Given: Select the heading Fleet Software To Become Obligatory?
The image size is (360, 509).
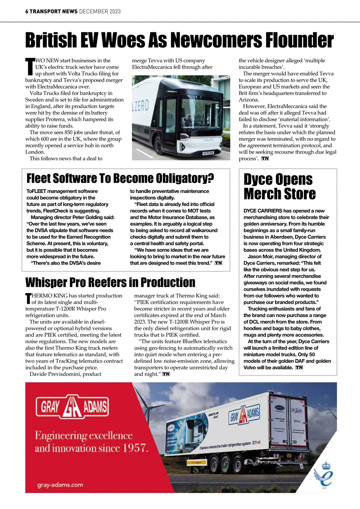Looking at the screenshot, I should (x=120, y=179).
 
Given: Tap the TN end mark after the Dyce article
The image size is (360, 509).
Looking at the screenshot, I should (x=299, y=367).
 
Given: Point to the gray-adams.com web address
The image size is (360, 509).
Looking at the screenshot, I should (x=60, y=484).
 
